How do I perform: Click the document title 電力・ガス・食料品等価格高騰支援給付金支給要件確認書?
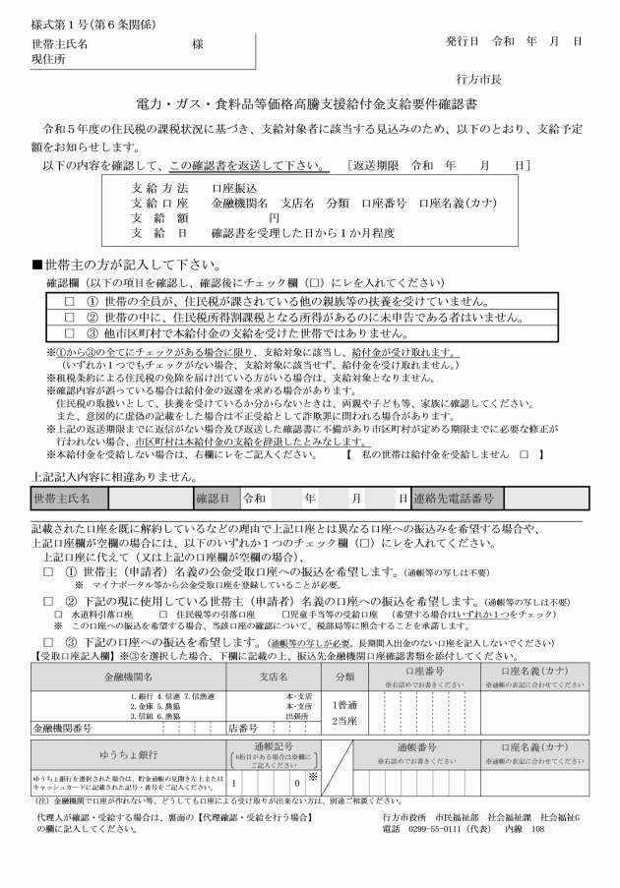pos(308,105)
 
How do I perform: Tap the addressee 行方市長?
pos(482,77)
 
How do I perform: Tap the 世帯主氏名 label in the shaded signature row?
pos(63,499)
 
